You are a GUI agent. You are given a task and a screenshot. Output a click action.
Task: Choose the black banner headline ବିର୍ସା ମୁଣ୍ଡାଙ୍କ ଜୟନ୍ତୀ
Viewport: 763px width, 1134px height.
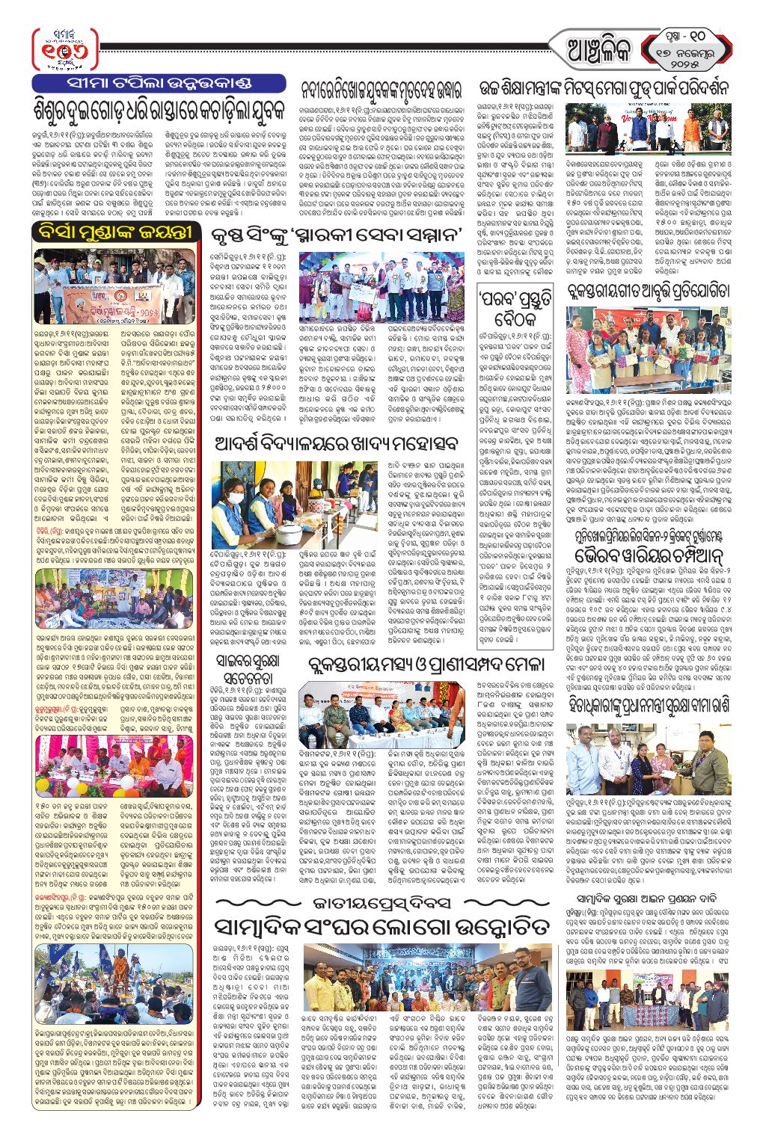point(117,232)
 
